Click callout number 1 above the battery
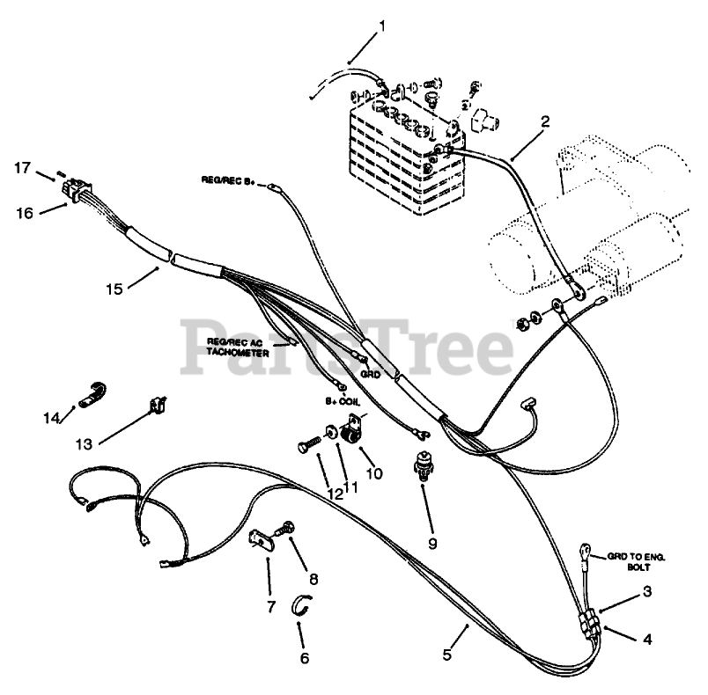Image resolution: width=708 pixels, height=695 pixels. pyautogui.click(x=381, y=26)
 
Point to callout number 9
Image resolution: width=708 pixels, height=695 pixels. pyautogui.click(x=432, y=543)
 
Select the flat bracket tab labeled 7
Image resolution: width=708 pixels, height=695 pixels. pyautogui.click(x=262, y=538)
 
